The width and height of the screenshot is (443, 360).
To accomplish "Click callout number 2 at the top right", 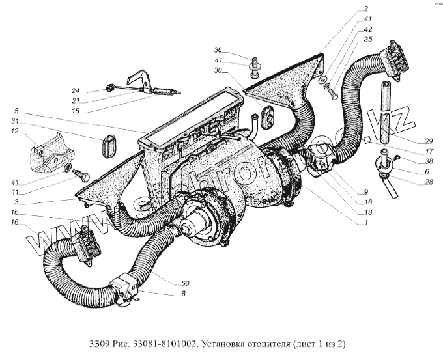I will (366, 9).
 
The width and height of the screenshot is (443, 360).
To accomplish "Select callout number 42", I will (367, 30).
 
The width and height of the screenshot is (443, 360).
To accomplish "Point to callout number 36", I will (218, 50).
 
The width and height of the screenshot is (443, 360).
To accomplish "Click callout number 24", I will (76, 90).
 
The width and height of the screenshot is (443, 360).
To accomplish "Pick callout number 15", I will (76, 111).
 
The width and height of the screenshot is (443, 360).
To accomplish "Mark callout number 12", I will (13, 132).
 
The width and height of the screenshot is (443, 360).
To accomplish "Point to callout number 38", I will (411, 161).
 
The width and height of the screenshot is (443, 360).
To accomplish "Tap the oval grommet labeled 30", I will (266, 117).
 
